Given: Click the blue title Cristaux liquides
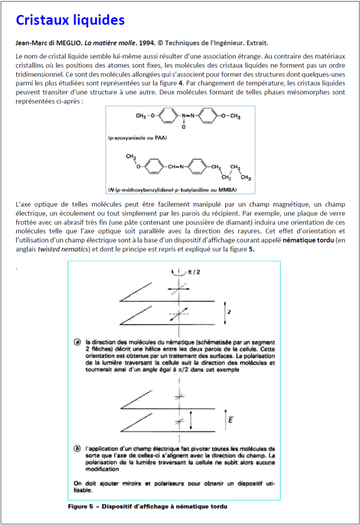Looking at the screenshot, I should (70, 21).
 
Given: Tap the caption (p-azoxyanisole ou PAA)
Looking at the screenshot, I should (138, 138).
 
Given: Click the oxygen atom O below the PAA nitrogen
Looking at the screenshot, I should (183, 127).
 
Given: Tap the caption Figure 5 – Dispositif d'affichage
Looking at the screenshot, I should (147, 507).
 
